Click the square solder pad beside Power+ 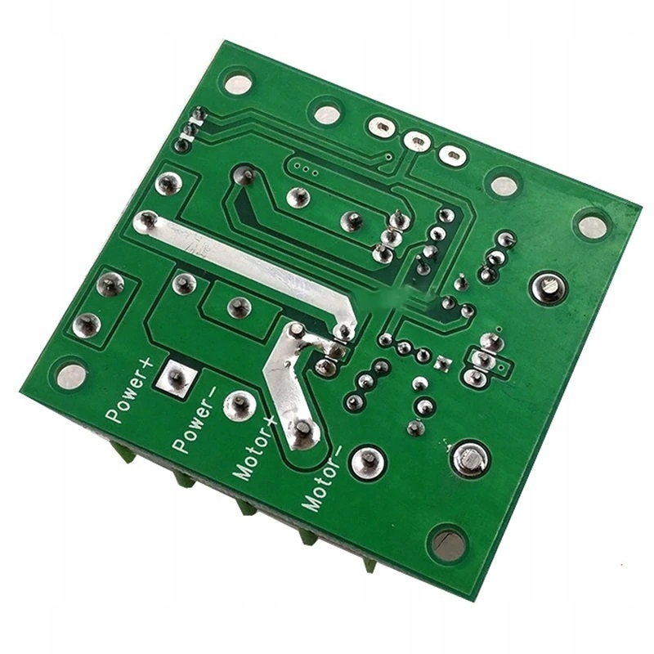(175, 376)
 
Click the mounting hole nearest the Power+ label (72, 375)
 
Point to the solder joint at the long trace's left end (147, 221)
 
